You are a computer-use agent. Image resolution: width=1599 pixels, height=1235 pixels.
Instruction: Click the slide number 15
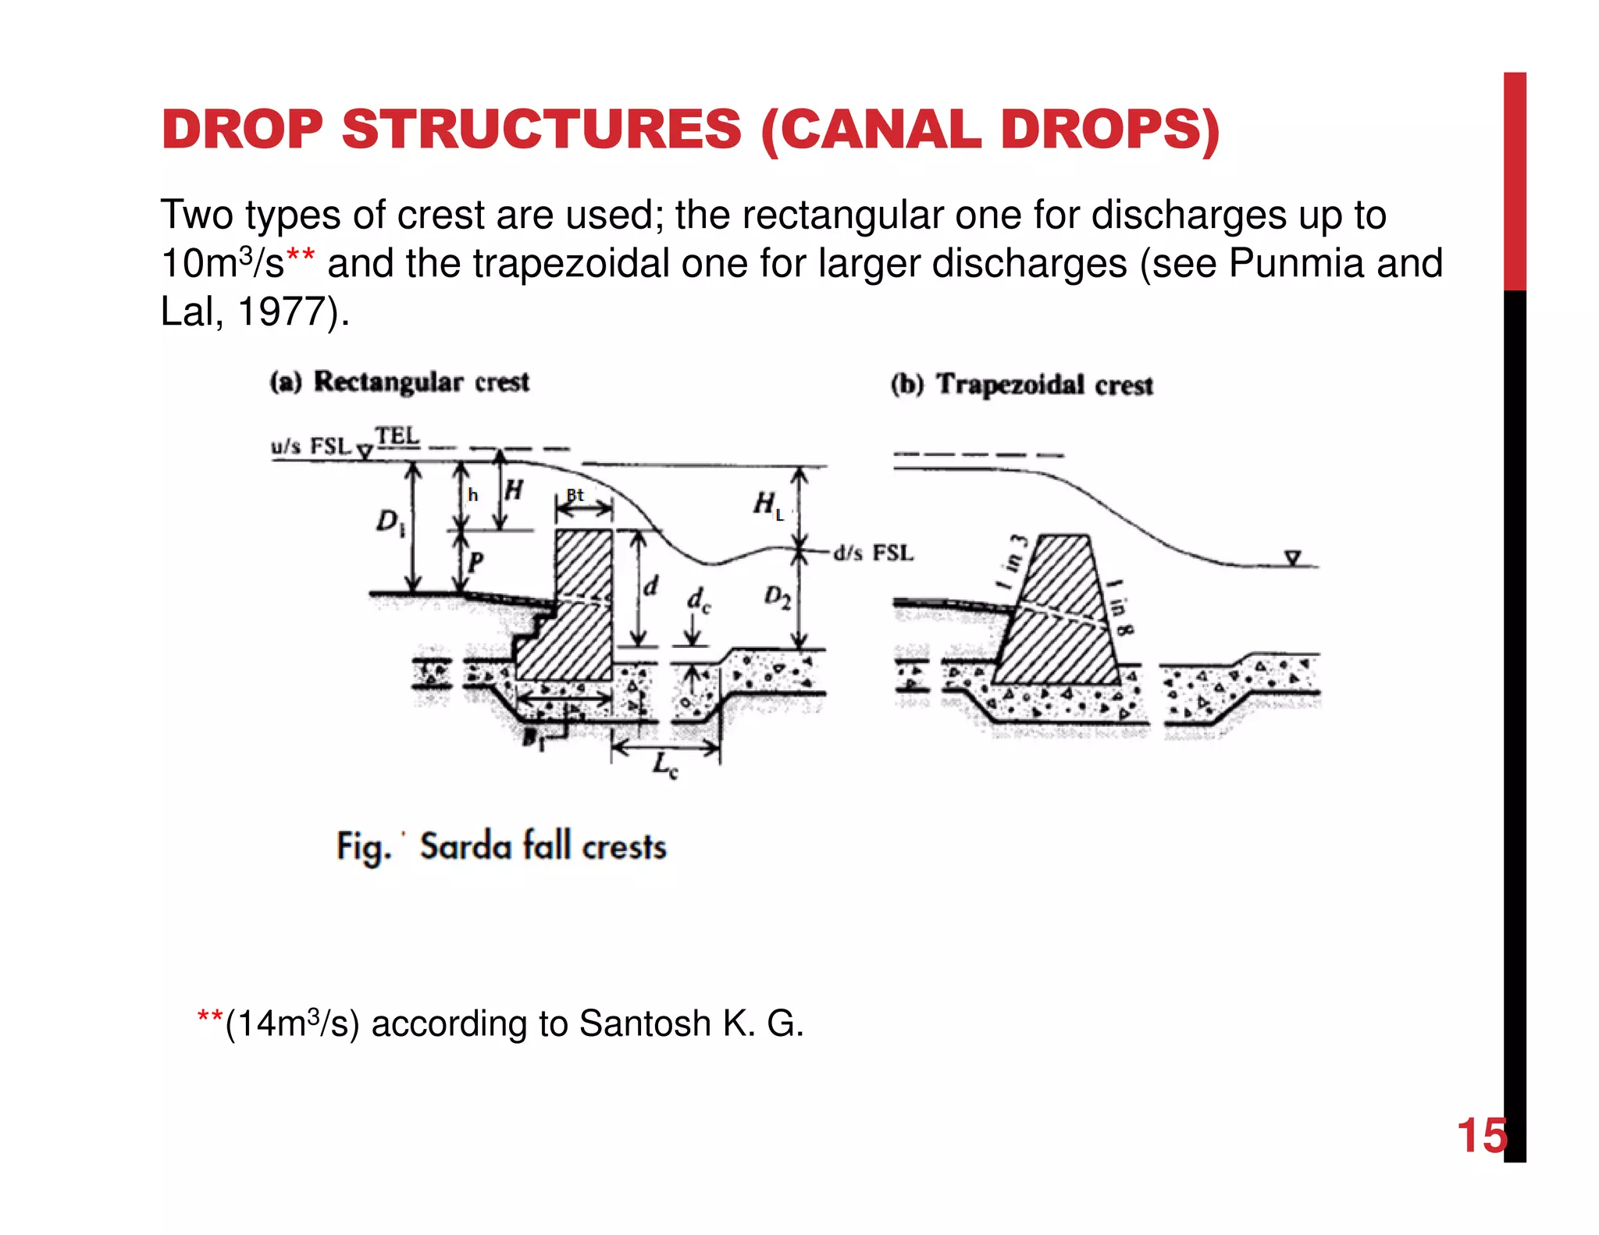[x=1481, y=1136]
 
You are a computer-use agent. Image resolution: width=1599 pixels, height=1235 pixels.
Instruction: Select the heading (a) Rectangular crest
[x=400, y=383]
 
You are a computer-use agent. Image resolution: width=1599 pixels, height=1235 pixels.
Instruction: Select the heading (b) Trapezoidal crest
[x=1021, y=385]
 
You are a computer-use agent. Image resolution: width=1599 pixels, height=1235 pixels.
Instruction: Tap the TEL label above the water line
[x=397, y=436]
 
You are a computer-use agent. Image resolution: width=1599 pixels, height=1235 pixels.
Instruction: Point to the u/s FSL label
[x=311, y=447]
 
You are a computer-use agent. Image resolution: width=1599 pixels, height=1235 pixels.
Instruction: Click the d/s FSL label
[x=873, y=553]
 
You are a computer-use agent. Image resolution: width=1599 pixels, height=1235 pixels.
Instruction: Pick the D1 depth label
[x=390, y=521]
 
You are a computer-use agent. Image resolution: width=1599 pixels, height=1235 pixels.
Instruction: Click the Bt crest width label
[x=575, y=495]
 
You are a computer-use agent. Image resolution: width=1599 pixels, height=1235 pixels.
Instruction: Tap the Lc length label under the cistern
[x=665, y=765]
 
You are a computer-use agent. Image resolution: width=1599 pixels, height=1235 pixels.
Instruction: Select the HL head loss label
[x=767, y=504]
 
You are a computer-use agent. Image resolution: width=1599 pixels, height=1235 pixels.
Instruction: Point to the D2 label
[x=777, y=597]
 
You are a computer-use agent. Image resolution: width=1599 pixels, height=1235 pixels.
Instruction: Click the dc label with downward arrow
[x=698, y=601]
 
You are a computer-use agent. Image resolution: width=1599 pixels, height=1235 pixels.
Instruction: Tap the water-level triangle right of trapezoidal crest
[x=1293, y=557]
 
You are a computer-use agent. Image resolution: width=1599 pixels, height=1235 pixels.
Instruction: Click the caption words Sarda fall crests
[x=543, y=847]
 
